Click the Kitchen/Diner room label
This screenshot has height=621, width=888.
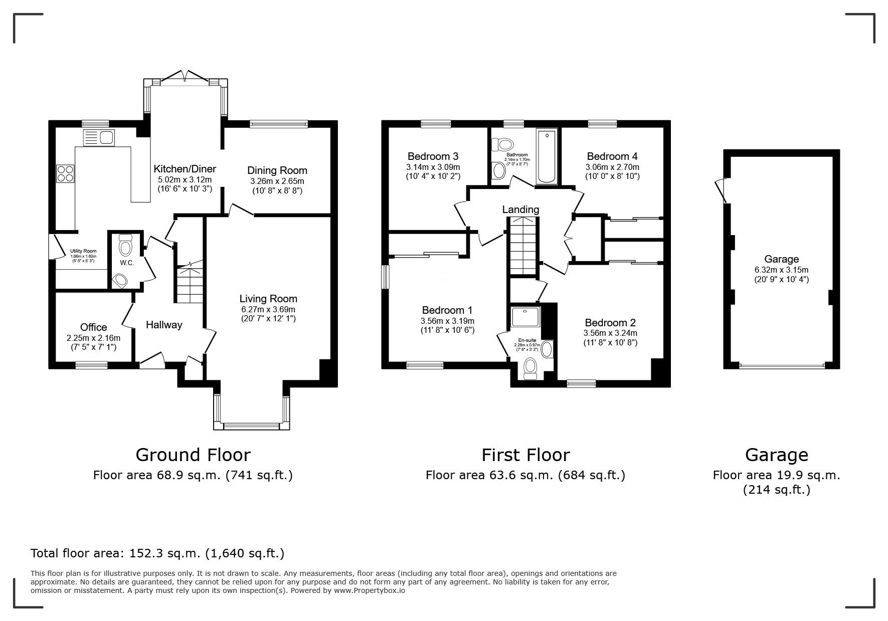[185, 169]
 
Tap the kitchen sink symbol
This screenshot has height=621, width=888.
[99, 137]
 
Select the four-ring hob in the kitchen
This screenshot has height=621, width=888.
[65, 173]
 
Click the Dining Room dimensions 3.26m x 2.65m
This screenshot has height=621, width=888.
[277, 181]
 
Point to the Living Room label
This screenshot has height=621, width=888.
[268, 299]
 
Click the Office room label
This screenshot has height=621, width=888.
[93, 327]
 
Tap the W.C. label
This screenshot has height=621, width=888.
[127, 263]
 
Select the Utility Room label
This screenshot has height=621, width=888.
[83, 251]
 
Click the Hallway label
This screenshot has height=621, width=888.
[163, 325]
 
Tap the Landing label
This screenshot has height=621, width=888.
[520, 210]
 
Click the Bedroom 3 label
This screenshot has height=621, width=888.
[433, 156]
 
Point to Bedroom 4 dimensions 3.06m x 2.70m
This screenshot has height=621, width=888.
[612, 167]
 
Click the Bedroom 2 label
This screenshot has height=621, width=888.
[610, 322]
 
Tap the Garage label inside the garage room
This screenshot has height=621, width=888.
[781, 259]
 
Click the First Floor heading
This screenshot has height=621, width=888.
[525, 455]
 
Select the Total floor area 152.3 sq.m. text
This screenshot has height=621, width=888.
[157, 553]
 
